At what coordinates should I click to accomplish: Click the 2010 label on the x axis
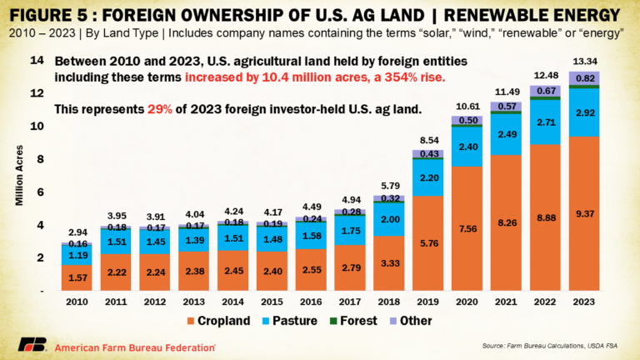tap(77, 300)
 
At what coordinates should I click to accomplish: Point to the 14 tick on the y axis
tap(37, 61)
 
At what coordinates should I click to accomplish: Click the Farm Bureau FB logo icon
tap(32, 345)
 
